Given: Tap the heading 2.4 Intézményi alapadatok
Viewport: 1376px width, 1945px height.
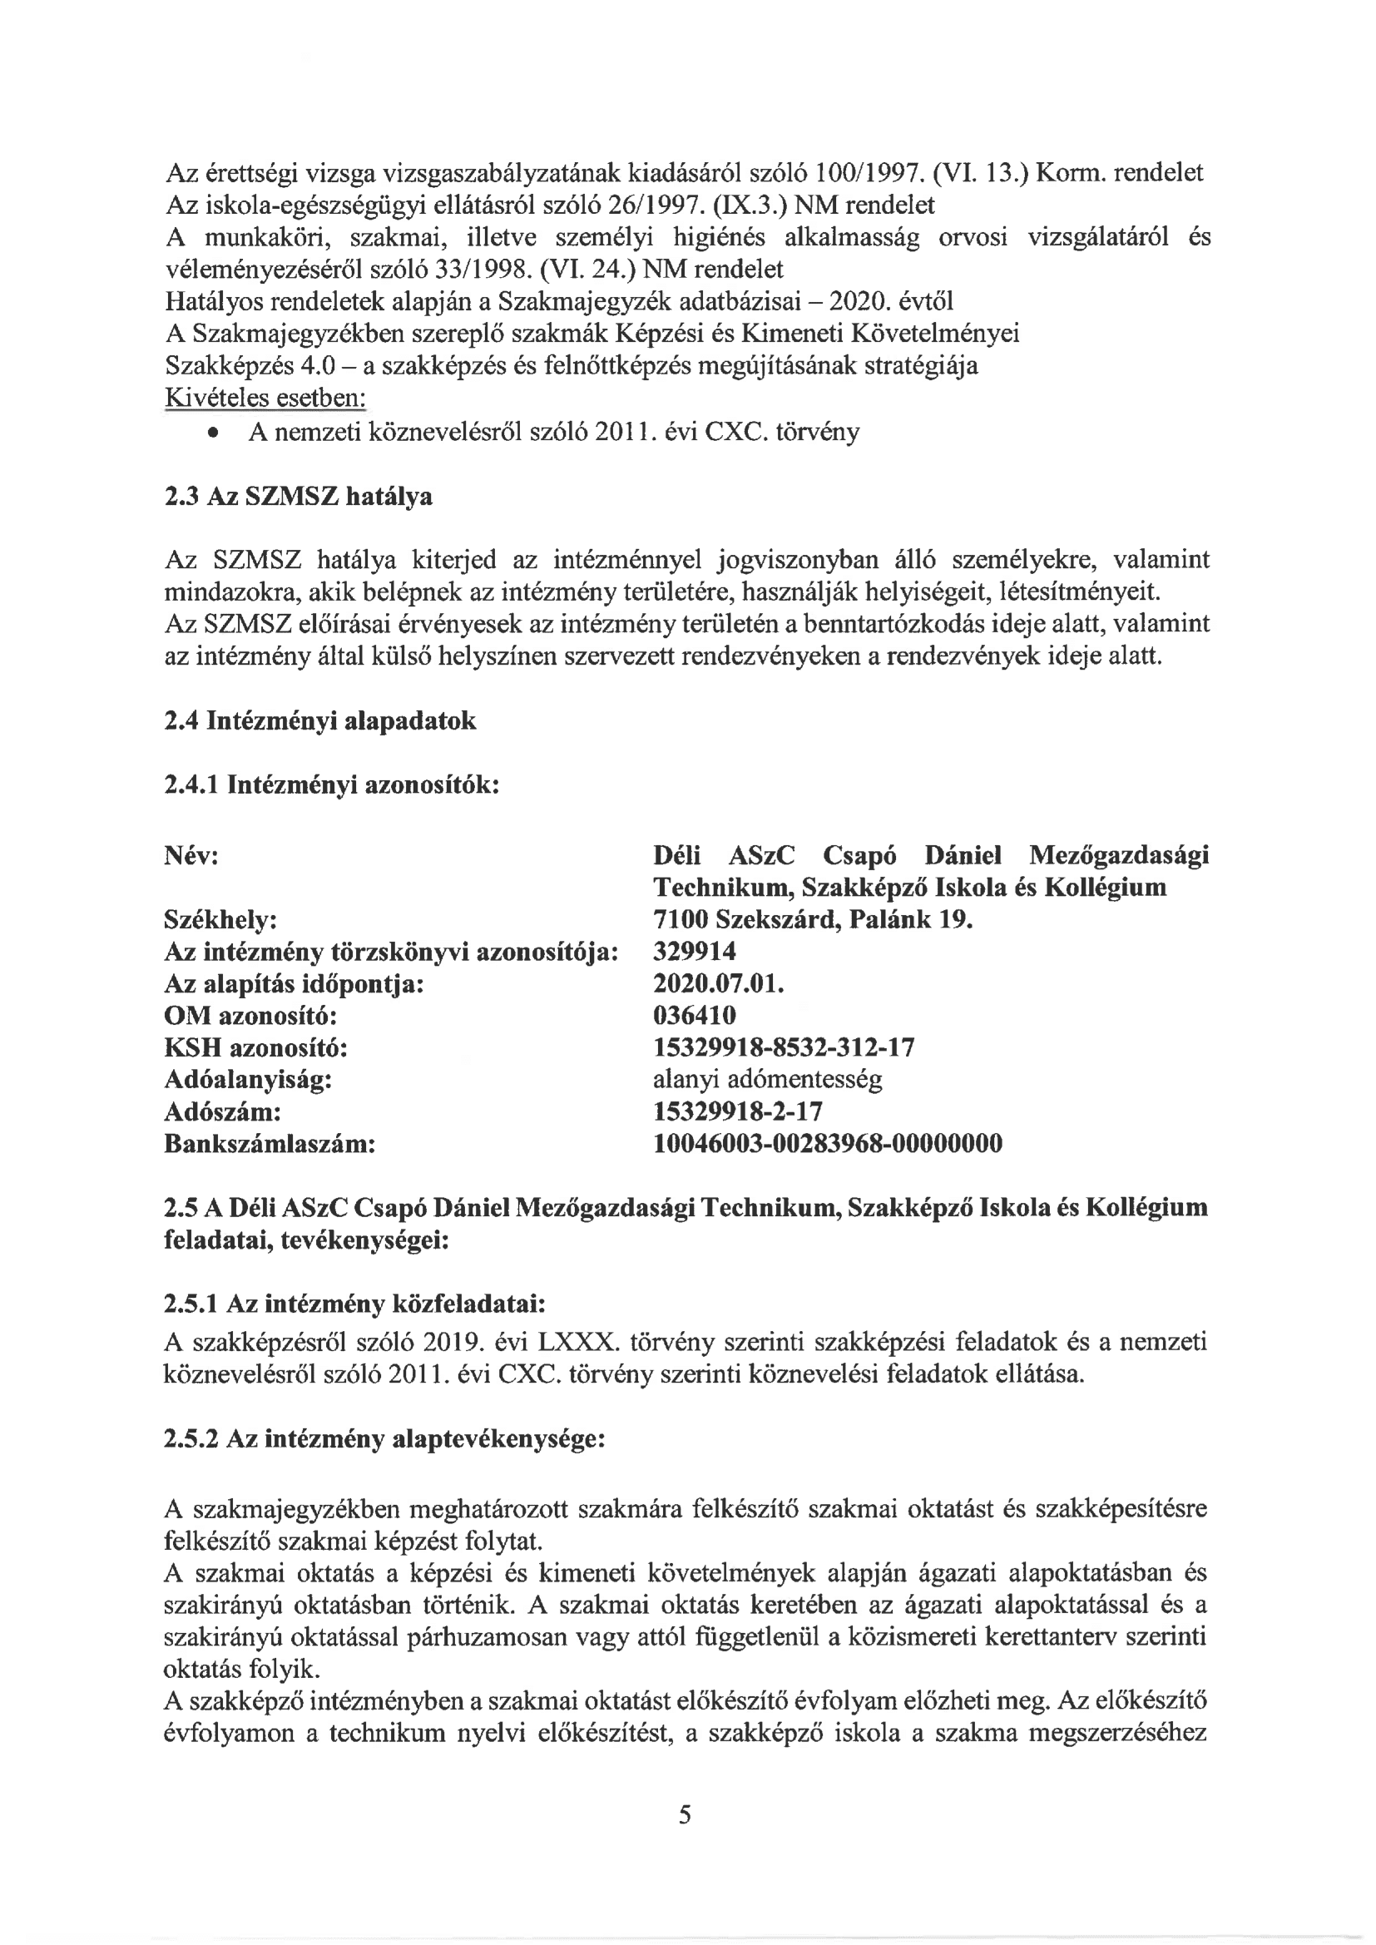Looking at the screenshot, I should click(x=319, y=721).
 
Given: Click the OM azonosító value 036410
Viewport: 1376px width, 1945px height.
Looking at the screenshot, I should click(x=694, y=1015).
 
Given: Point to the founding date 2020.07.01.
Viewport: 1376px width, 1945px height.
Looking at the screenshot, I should click(x=719, y=983).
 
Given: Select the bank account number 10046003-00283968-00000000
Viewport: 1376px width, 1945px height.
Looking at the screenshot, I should click(x=828, y=1144).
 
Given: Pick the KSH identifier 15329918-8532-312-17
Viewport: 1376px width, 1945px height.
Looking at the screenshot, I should click(x=784, y=1047).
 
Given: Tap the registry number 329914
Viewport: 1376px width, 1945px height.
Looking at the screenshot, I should click(x=694, y=952).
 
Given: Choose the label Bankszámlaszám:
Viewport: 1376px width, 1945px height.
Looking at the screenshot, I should click(x=270, y=1144).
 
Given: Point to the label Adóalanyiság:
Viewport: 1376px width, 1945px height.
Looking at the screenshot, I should click(x=247, y=1079).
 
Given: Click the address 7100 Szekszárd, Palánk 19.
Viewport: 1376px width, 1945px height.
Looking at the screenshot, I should click(x=813, y=919).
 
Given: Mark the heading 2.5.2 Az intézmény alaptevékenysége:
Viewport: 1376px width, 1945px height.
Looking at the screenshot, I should click(x=384, y=1438).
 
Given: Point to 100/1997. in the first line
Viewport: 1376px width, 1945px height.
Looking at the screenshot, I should click(x=869, y=173).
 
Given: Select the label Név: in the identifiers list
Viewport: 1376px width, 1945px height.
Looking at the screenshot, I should click(x=191, y=855).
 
